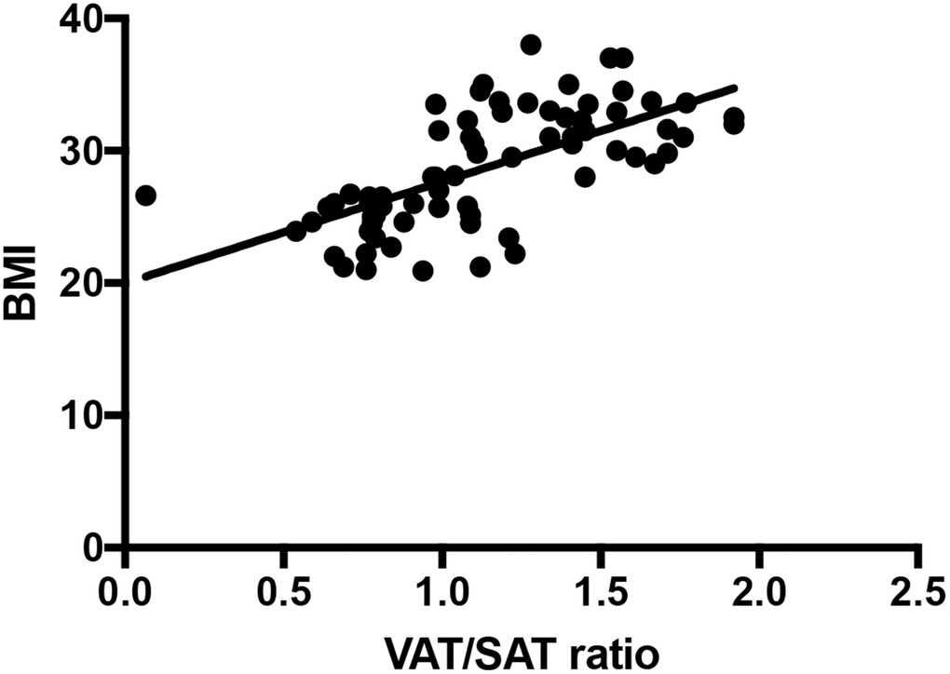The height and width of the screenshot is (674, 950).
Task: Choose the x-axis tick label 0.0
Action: click(124, 593)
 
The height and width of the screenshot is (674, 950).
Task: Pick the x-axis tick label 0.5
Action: click(282, 593)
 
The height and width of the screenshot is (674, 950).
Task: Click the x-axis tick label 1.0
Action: click(441, 593)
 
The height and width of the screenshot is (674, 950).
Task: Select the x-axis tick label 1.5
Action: click(601, 593)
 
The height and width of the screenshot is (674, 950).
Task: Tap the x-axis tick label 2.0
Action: click(759, 593)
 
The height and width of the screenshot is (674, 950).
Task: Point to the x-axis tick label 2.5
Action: click(917, 593)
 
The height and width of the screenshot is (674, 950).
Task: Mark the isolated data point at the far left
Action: click(145, 195)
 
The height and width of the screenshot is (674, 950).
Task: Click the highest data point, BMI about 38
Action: click(531, 45)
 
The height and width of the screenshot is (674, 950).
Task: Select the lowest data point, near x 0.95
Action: click(423, 271)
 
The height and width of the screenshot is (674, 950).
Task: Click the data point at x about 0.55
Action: click(296, 231)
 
